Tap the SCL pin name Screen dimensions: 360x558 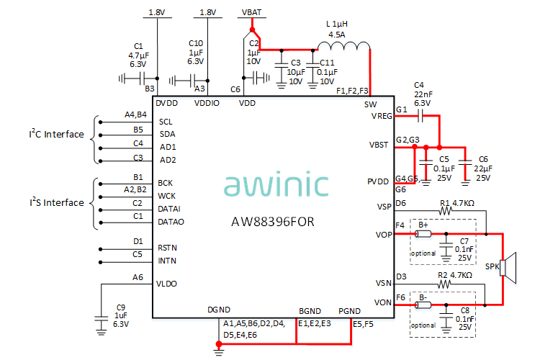coord(166,122)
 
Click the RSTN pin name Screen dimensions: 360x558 coord(168,248)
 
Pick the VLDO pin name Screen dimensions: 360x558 coord(168,284)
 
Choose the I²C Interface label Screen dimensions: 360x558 coord(56,135)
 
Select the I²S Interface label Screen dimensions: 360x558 coord(56,203)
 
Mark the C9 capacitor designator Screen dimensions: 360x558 coord(120,307)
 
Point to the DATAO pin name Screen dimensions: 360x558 coord(171,222)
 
